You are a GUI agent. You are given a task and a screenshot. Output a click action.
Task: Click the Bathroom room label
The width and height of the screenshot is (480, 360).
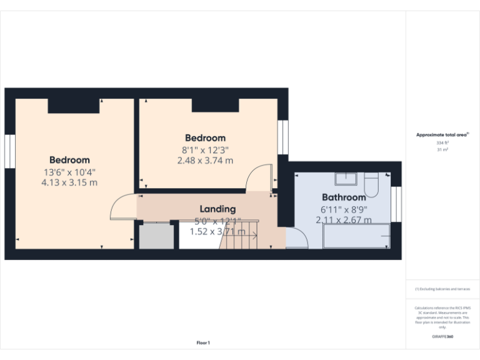[344, 197]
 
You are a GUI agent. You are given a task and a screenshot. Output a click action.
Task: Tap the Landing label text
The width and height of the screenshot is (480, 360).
[217, 209]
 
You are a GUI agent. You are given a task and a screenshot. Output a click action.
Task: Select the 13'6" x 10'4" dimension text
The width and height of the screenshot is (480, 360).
[69, 172]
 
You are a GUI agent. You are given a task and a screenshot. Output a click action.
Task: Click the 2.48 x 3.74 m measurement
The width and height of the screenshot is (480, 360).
[205, 161]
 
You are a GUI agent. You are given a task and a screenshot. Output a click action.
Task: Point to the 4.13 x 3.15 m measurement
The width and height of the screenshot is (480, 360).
[69, 182]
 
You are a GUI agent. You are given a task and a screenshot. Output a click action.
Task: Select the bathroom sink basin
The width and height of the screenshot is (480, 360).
[346, 179]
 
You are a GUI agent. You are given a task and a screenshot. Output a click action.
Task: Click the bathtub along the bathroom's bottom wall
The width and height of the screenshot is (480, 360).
[356, 237]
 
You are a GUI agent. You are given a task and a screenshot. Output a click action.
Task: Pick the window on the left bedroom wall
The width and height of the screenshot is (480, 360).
[9, 151]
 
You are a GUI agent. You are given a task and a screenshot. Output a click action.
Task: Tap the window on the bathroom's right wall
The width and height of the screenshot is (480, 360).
[396, 204]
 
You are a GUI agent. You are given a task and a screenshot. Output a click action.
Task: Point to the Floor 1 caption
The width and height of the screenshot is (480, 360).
[203, 342]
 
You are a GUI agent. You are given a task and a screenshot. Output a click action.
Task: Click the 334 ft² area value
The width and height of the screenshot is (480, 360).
[442, 143]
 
